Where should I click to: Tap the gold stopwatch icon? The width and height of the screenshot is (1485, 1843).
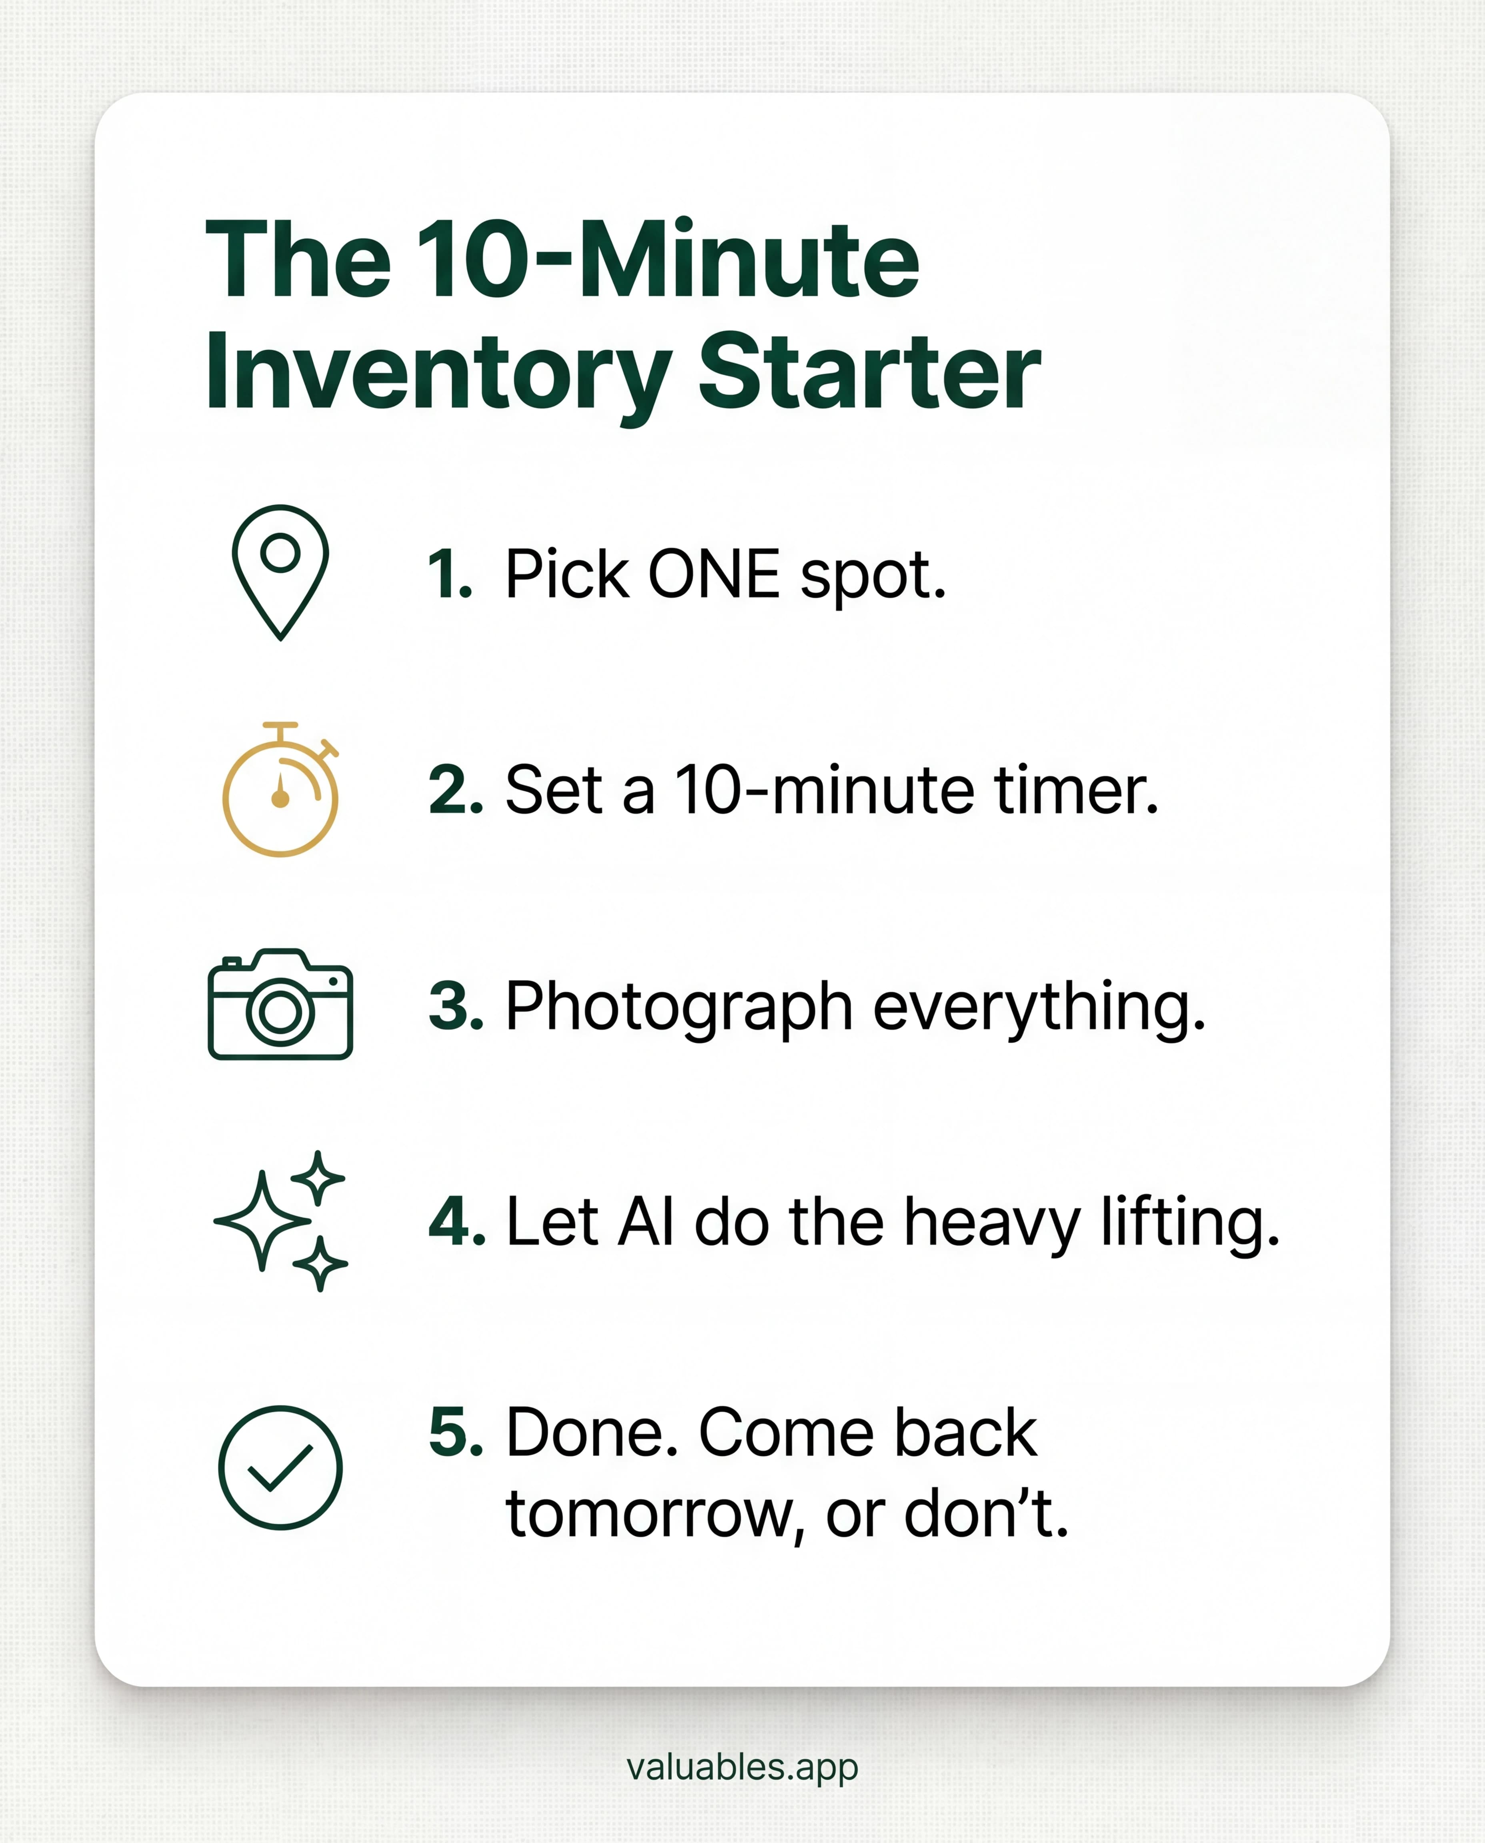tap(280, 791)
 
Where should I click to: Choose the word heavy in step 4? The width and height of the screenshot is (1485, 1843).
tap(992, 1223)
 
